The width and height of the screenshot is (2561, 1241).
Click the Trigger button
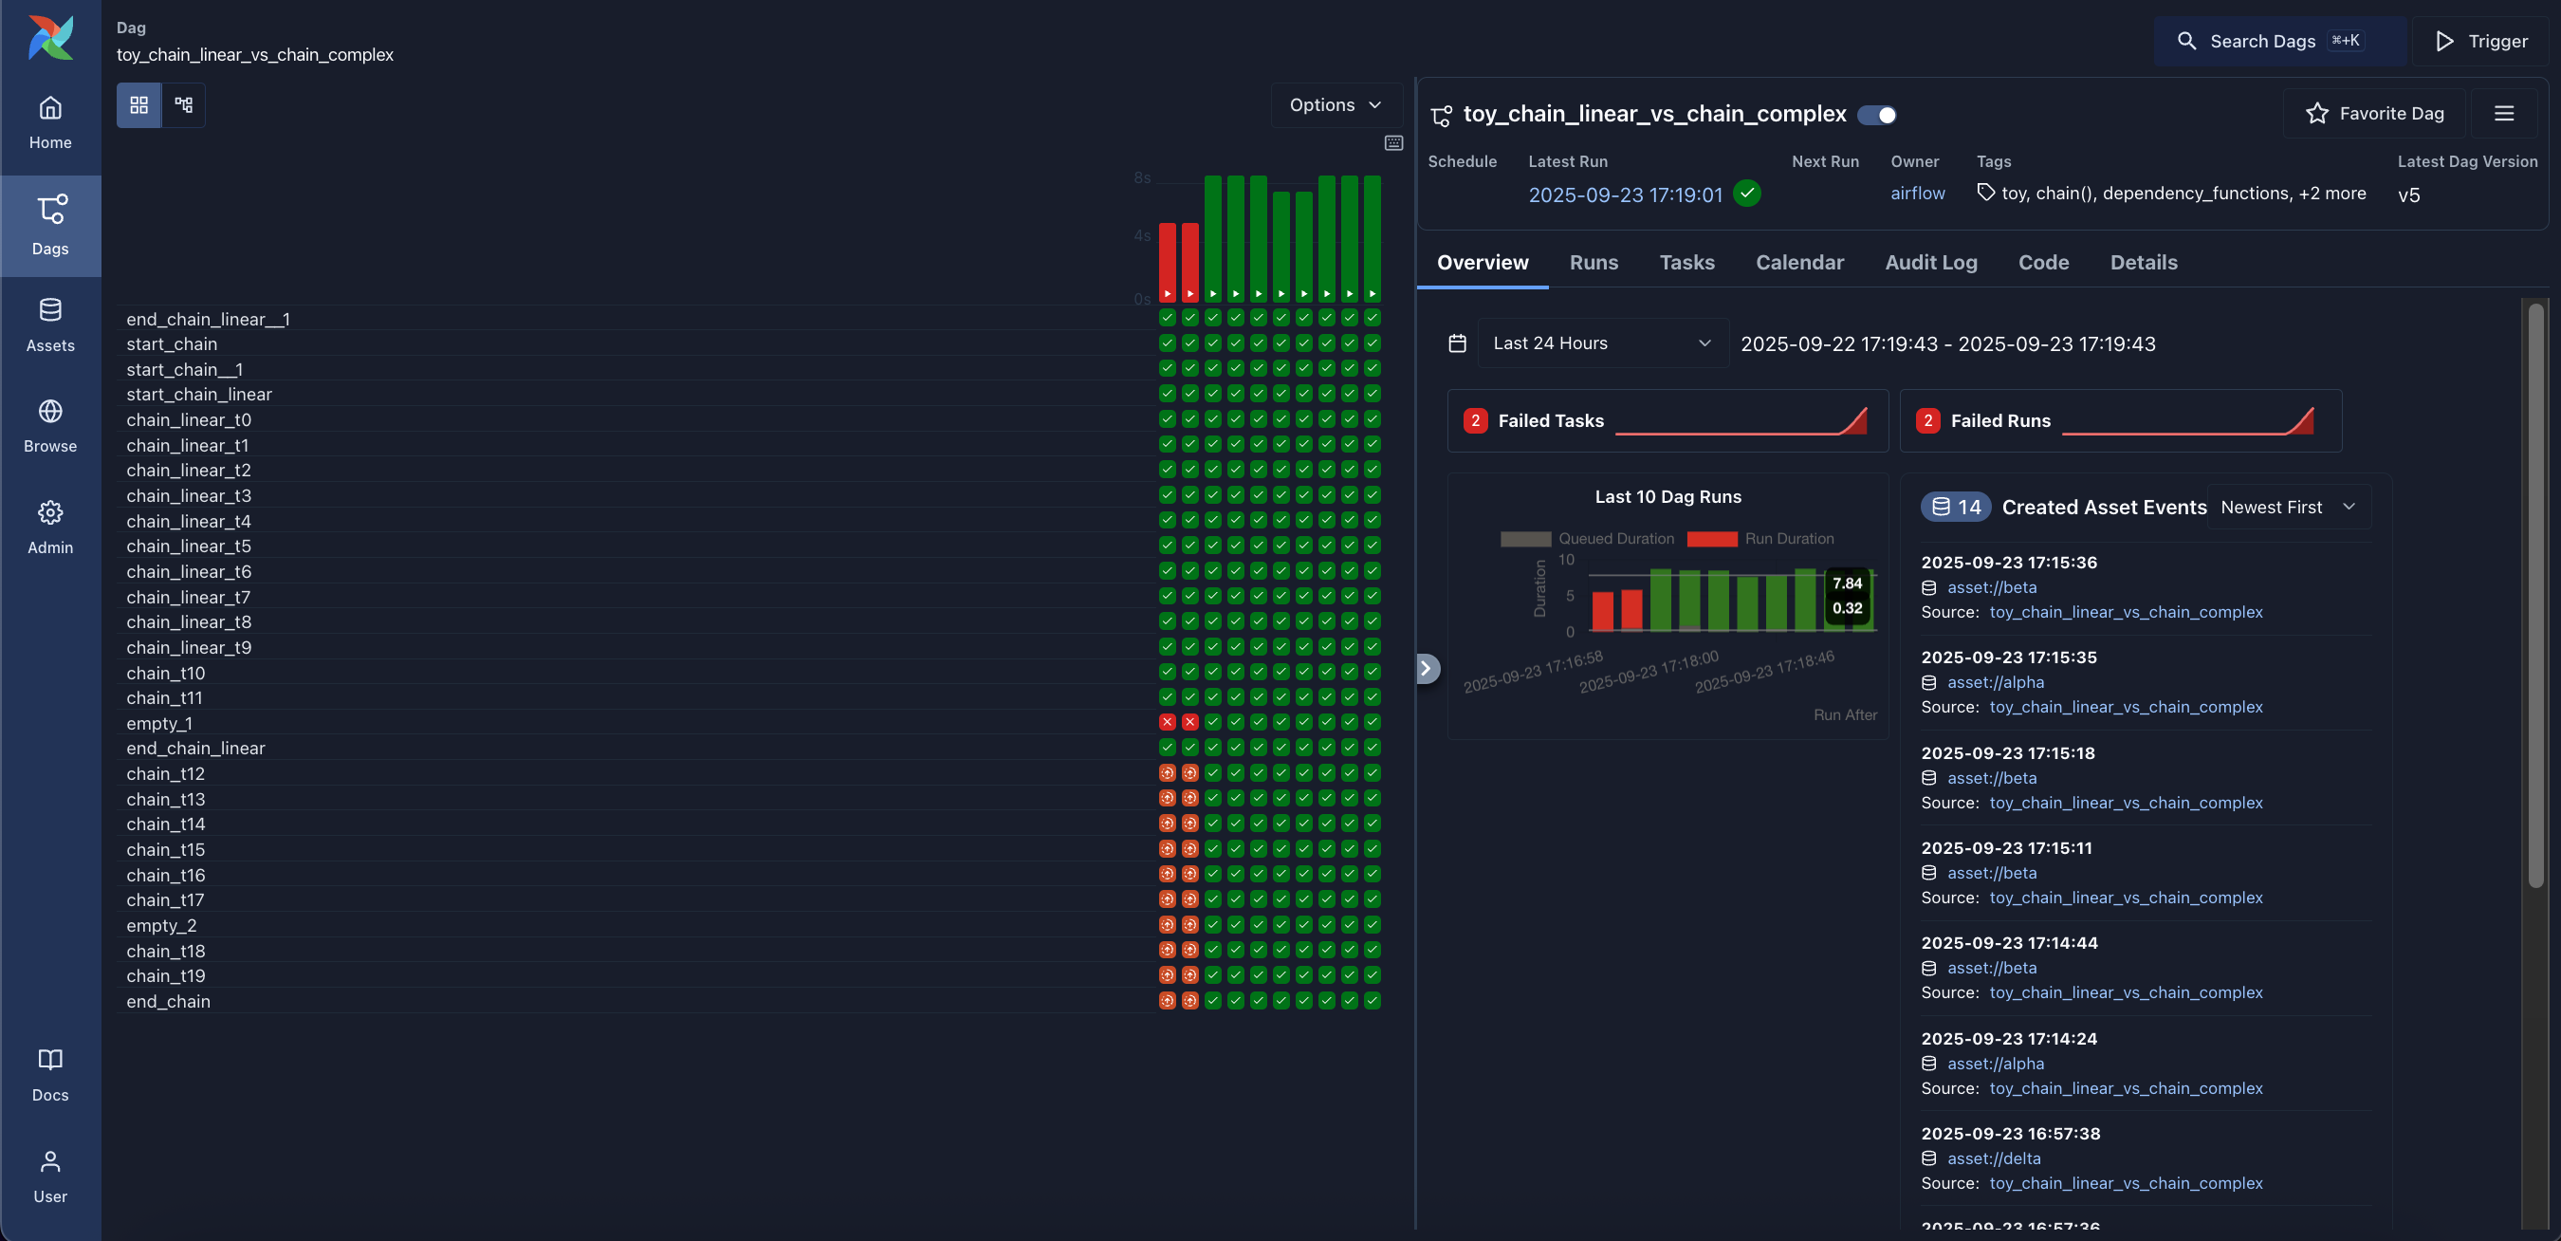[2480, 41]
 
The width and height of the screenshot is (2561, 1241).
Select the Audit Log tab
[1929, 263]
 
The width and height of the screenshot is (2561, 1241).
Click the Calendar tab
[1798, 263]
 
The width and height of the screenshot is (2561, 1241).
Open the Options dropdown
[1335, 104]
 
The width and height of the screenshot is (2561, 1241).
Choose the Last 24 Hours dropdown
[1602, 343]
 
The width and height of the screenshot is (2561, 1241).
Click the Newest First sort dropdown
[2287, 508]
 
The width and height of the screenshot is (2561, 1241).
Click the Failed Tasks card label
[1550, 420]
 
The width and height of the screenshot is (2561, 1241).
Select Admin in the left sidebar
[49, 527]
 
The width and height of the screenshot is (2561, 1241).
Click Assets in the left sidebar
[49, 325]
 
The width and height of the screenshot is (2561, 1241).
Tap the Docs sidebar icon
[49, 1074]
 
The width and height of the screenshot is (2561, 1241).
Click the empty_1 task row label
[159, 723]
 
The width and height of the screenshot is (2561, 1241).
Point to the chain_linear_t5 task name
[188, 546]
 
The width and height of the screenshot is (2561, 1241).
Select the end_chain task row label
[168, 1001]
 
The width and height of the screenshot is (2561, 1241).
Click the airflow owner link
[1917, 193]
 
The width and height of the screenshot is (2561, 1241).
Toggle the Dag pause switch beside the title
[1876, 115]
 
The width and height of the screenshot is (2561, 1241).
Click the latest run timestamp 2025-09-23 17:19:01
[1625, 194]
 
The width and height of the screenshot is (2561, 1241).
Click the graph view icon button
[183, 104]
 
